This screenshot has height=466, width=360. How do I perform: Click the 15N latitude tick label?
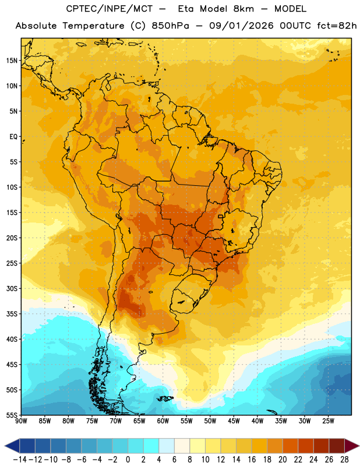(12, 61)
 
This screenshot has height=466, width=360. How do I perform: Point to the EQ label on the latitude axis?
(13, 137)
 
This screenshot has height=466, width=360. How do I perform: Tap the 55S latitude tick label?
(12, 415)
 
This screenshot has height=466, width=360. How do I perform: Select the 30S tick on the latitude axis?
(12, 288)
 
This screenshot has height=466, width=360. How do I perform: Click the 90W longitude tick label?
(21, 421)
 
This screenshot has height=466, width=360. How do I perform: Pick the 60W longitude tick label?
(163, 421)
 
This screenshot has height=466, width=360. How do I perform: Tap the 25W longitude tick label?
(328, 421)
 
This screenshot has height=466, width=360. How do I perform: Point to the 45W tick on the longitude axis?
(234, 421)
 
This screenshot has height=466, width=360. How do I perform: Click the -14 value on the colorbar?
(20, 460)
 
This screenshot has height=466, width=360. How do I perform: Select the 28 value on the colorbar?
(344, 460)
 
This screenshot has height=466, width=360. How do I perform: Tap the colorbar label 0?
(128, 460)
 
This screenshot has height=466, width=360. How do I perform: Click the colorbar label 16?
(252, 460)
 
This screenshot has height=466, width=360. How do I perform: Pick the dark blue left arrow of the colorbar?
(12, 446)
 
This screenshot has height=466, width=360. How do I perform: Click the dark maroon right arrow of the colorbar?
(352, 446)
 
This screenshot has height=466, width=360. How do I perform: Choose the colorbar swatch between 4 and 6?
(167, 446)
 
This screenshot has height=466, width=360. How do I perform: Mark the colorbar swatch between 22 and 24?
(306, 446)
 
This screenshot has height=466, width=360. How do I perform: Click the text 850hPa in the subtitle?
(170, 26)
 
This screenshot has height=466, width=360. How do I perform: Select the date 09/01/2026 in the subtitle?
(241, 26)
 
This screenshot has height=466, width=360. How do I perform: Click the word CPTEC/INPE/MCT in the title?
(109, 9)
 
